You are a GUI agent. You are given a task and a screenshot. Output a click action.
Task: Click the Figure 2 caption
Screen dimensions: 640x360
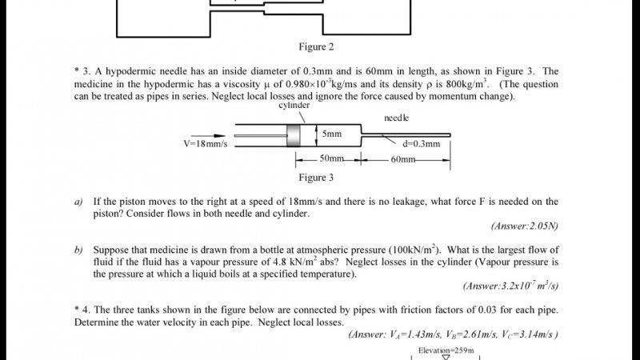[316, 47]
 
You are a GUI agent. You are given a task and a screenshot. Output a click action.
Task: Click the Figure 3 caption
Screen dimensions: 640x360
[316, 178]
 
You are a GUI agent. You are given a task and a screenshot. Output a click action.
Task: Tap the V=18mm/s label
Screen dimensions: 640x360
[206, 144]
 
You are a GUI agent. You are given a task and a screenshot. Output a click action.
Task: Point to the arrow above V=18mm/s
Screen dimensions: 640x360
[208, 135]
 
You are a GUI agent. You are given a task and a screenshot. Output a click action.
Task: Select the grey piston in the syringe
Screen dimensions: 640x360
[293, 135]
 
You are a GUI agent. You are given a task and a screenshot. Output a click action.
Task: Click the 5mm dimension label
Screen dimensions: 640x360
[332, 134]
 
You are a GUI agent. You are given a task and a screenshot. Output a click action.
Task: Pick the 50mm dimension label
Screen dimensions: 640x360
[331, 158]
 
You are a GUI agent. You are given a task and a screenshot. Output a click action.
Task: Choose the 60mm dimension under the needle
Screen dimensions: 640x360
[403, 159]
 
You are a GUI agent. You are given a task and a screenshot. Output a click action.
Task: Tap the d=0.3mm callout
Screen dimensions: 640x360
[422, 144]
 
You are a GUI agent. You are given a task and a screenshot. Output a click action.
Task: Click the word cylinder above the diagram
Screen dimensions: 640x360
[294, 106]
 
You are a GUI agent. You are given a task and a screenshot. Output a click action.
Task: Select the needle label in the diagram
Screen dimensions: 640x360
[396, 118]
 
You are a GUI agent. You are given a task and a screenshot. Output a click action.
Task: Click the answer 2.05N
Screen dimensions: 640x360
[525, 226]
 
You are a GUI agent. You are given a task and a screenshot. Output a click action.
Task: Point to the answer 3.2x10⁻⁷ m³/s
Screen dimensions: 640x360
[510, 286]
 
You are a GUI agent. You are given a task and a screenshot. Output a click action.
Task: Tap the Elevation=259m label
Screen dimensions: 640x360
[446, 350]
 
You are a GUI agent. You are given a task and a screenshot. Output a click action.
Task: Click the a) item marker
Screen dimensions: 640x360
[78, 202]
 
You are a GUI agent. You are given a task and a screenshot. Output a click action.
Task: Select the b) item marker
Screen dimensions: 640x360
[78, 250]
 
